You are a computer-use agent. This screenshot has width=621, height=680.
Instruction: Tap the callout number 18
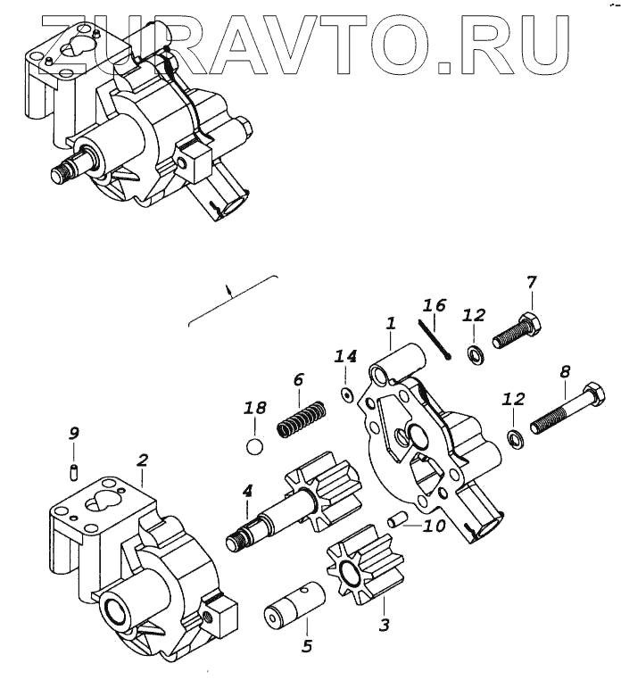255,409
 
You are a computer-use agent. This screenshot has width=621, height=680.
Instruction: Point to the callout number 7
532,283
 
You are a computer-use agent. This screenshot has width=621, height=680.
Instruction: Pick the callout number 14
345,357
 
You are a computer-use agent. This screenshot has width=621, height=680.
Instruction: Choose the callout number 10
434,526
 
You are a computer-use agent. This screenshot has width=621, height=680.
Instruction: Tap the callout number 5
307,645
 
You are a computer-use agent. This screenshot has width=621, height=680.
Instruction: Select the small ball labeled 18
255,445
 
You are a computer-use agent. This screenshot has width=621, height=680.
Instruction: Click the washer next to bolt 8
514,437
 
